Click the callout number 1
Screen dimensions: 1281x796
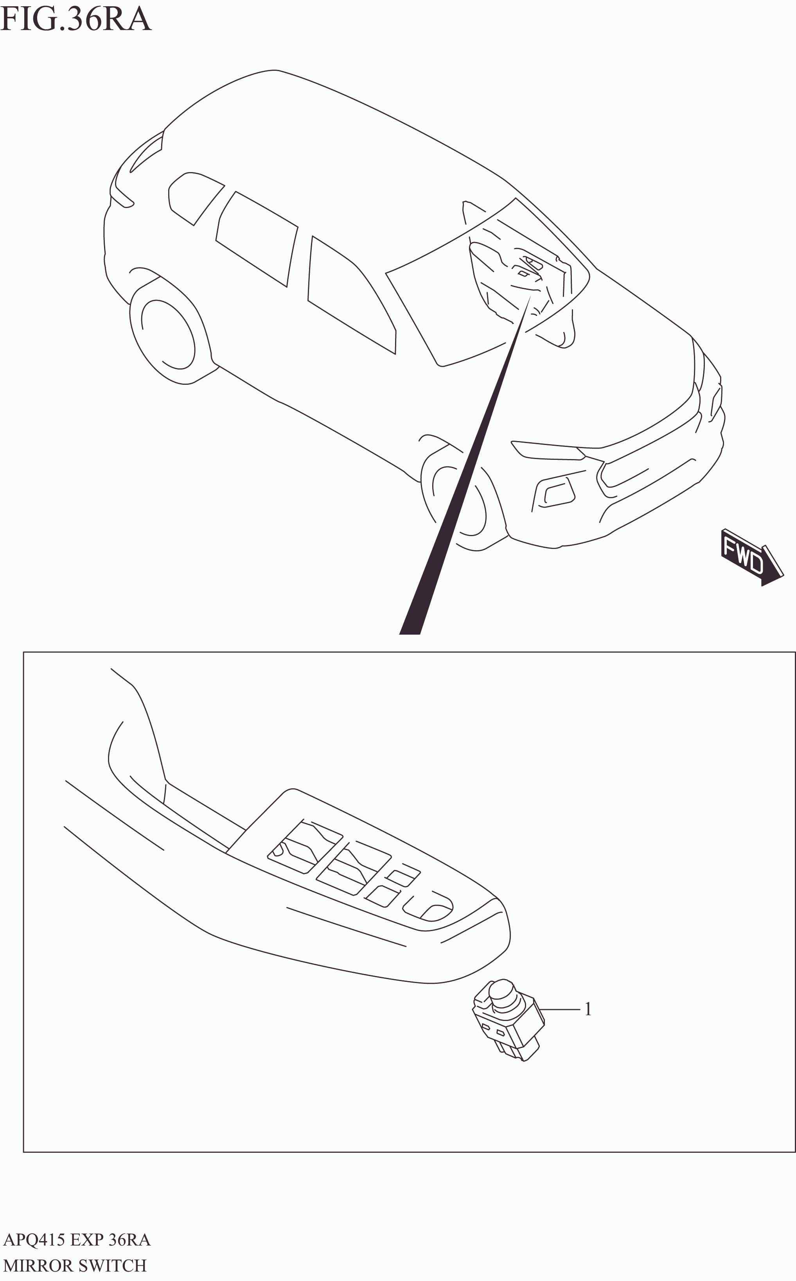[588, 1009]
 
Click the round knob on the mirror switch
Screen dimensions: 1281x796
[502, 992]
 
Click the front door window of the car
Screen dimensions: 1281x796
[350, 295]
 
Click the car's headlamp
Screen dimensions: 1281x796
[548, 450]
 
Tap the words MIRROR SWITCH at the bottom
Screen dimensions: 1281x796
[75, 1266]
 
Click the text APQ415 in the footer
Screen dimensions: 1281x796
[35, 1240]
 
